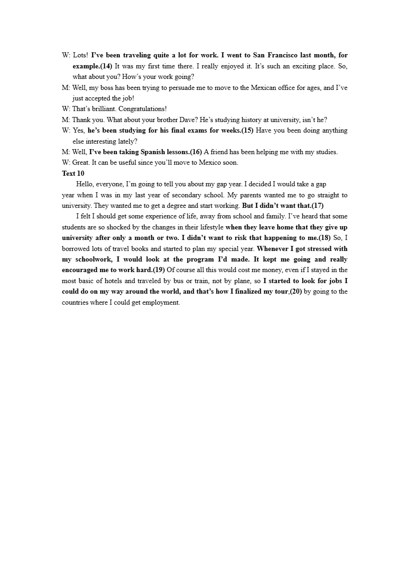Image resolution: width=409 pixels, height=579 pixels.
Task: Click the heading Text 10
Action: [73, 173]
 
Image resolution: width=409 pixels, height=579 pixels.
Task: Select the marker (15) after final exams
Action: [248, 130]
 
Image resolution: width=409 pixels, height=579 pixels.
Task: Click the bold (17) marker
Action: [317, 206]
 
